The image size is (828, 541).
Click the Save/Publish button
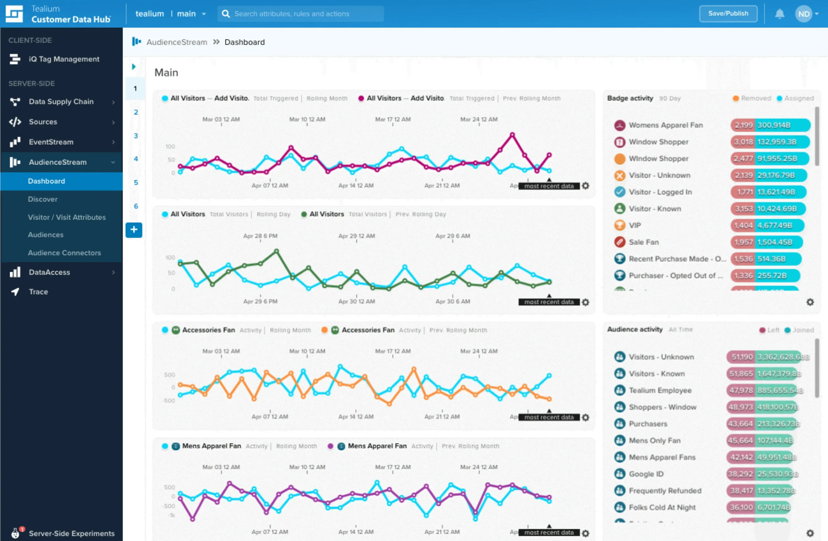[x=728, y=14]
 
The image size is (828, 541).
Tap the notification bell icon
[x=779, y=14]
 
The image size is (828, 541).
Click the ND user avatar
[x=803, y=14]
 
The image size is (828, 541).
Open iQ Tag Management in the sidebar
[x=64, y=59]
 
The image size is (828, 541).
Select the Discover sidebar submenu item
[x=43, y=199]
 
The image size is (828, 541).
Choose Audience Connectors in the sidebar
[x=64, y=253]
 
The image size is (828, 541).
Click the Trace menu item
[x=38, y=292]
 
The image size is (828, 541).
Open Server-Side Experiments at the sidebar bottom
[x=72, y=533]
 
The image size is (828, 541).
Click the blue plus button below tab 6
[x=134, y=230]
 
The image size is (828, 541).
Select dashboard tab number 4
[x=136, y=159]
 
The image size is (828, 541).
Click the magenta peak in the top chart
[x=512, y=135]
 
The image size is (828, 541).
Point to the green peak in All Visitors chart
[x=276, y=250]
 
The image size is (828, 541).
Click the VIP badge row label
[x=635, y=225]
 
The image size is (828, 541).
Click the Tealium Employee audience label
[x=660, y=390]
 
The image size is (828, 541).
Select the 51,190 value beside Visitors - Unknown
[x=742, y=357]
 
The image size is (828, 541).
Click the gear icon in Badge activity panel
[x=810, y=302]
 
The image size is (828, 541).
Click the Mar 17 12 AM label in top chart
[x=392, y=119]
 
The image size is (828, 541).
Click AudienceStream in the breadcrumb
[x=177, y=42]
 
